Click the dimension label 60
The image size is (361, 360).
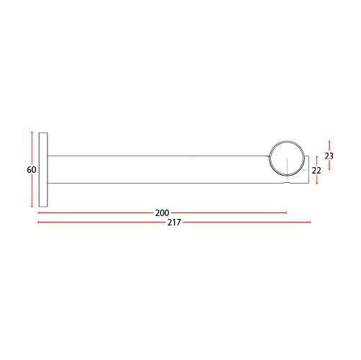click(x=32, y=170)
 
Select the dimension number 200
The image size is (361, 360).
click(x=162, y=213)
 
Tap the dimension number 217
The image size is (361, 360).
click(x=174, y=222)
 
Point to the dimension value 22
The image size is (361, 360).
click(x=316, y=171)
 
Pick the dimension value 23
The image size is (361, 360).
click(x=329, y=156)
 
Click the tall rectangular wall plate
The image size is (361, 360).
click(x=43, y=169)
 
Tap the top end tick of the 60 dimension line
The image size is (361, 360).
click(x=32, y=132)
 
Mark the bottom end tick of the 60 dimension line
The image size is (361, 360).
click(x=32, y=207)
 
